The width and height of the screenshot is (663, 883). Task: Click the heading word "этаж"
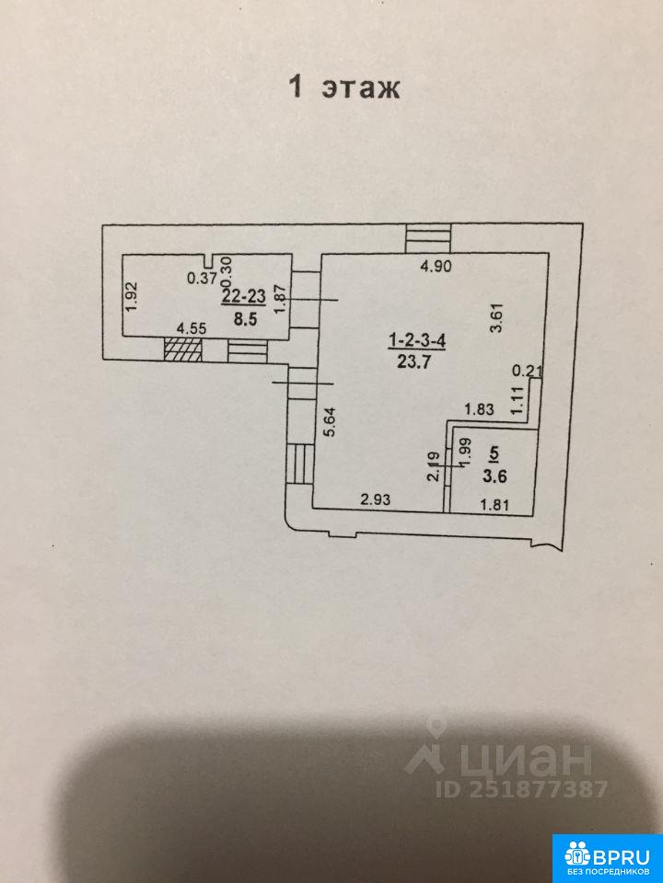click(360, 88)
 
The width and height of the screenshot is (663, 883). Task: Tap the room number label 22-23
click(243, 296)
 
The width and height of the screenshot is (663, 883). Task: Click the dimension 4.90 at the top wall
click(436, 268)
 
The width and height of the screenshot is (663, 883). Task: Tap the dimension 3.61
click(497, 325)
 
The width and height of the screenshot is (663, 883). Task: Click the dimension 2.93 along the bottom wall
click(377, 499)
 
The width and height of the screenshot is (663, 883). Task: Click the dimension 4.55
click(191, 327)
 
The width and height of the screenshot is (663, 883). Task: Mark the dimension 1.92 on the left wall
click(132, 295)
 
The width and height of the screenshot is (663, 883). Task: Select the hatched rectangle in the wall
click(182, 350)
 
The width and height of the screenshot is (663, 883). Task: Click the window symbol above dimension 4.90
click(430, 238)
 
